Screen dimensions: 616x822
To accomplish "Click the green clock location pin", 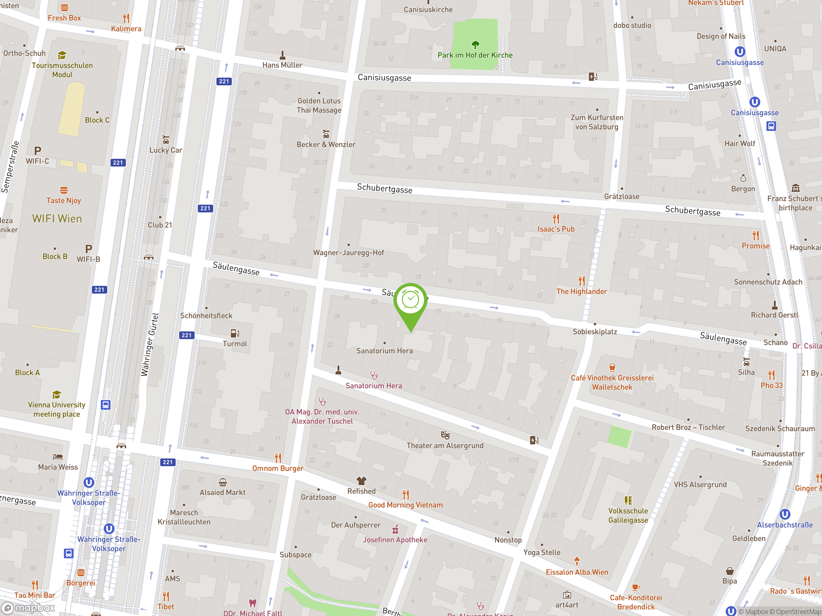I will pos(410,300).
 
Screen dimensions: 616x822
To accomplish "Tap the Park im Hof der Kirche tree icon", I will pos(475,45).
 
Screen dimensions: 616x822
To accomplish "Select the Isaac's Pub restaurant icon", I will pos(555,218).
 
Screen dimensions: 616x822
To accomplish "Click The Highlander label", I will pos(581,291).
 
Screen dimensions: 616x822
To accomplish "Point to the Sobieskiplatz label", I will pos(595,331).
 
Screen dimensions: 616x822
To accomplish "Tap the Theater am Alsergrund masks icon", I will pos(445,435).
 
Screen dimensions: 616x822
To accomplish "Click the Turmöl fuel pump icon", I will pos(234,333).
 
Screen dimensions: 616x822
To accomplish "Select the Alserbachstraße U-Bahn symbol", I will pos(784,514).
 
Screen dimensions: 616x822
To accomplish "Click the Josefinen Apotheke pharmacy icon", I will pos(395,529).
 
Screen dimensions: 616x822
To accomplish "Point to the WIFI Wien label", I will pos(57,219).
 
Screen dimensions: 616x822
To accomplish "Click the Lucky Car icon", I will pos(166,140).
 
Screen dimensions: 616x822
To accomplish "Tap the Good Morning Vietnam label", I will pos(406,505).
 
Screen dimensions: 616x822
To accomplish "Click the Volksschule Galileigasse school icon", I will pos(628,500).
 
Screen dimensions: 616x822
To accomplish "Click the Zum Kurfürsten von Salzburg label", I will pos(597,122).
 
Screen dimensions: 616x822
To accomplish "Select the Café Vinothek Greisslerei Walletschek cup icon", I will pos(612,368).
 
